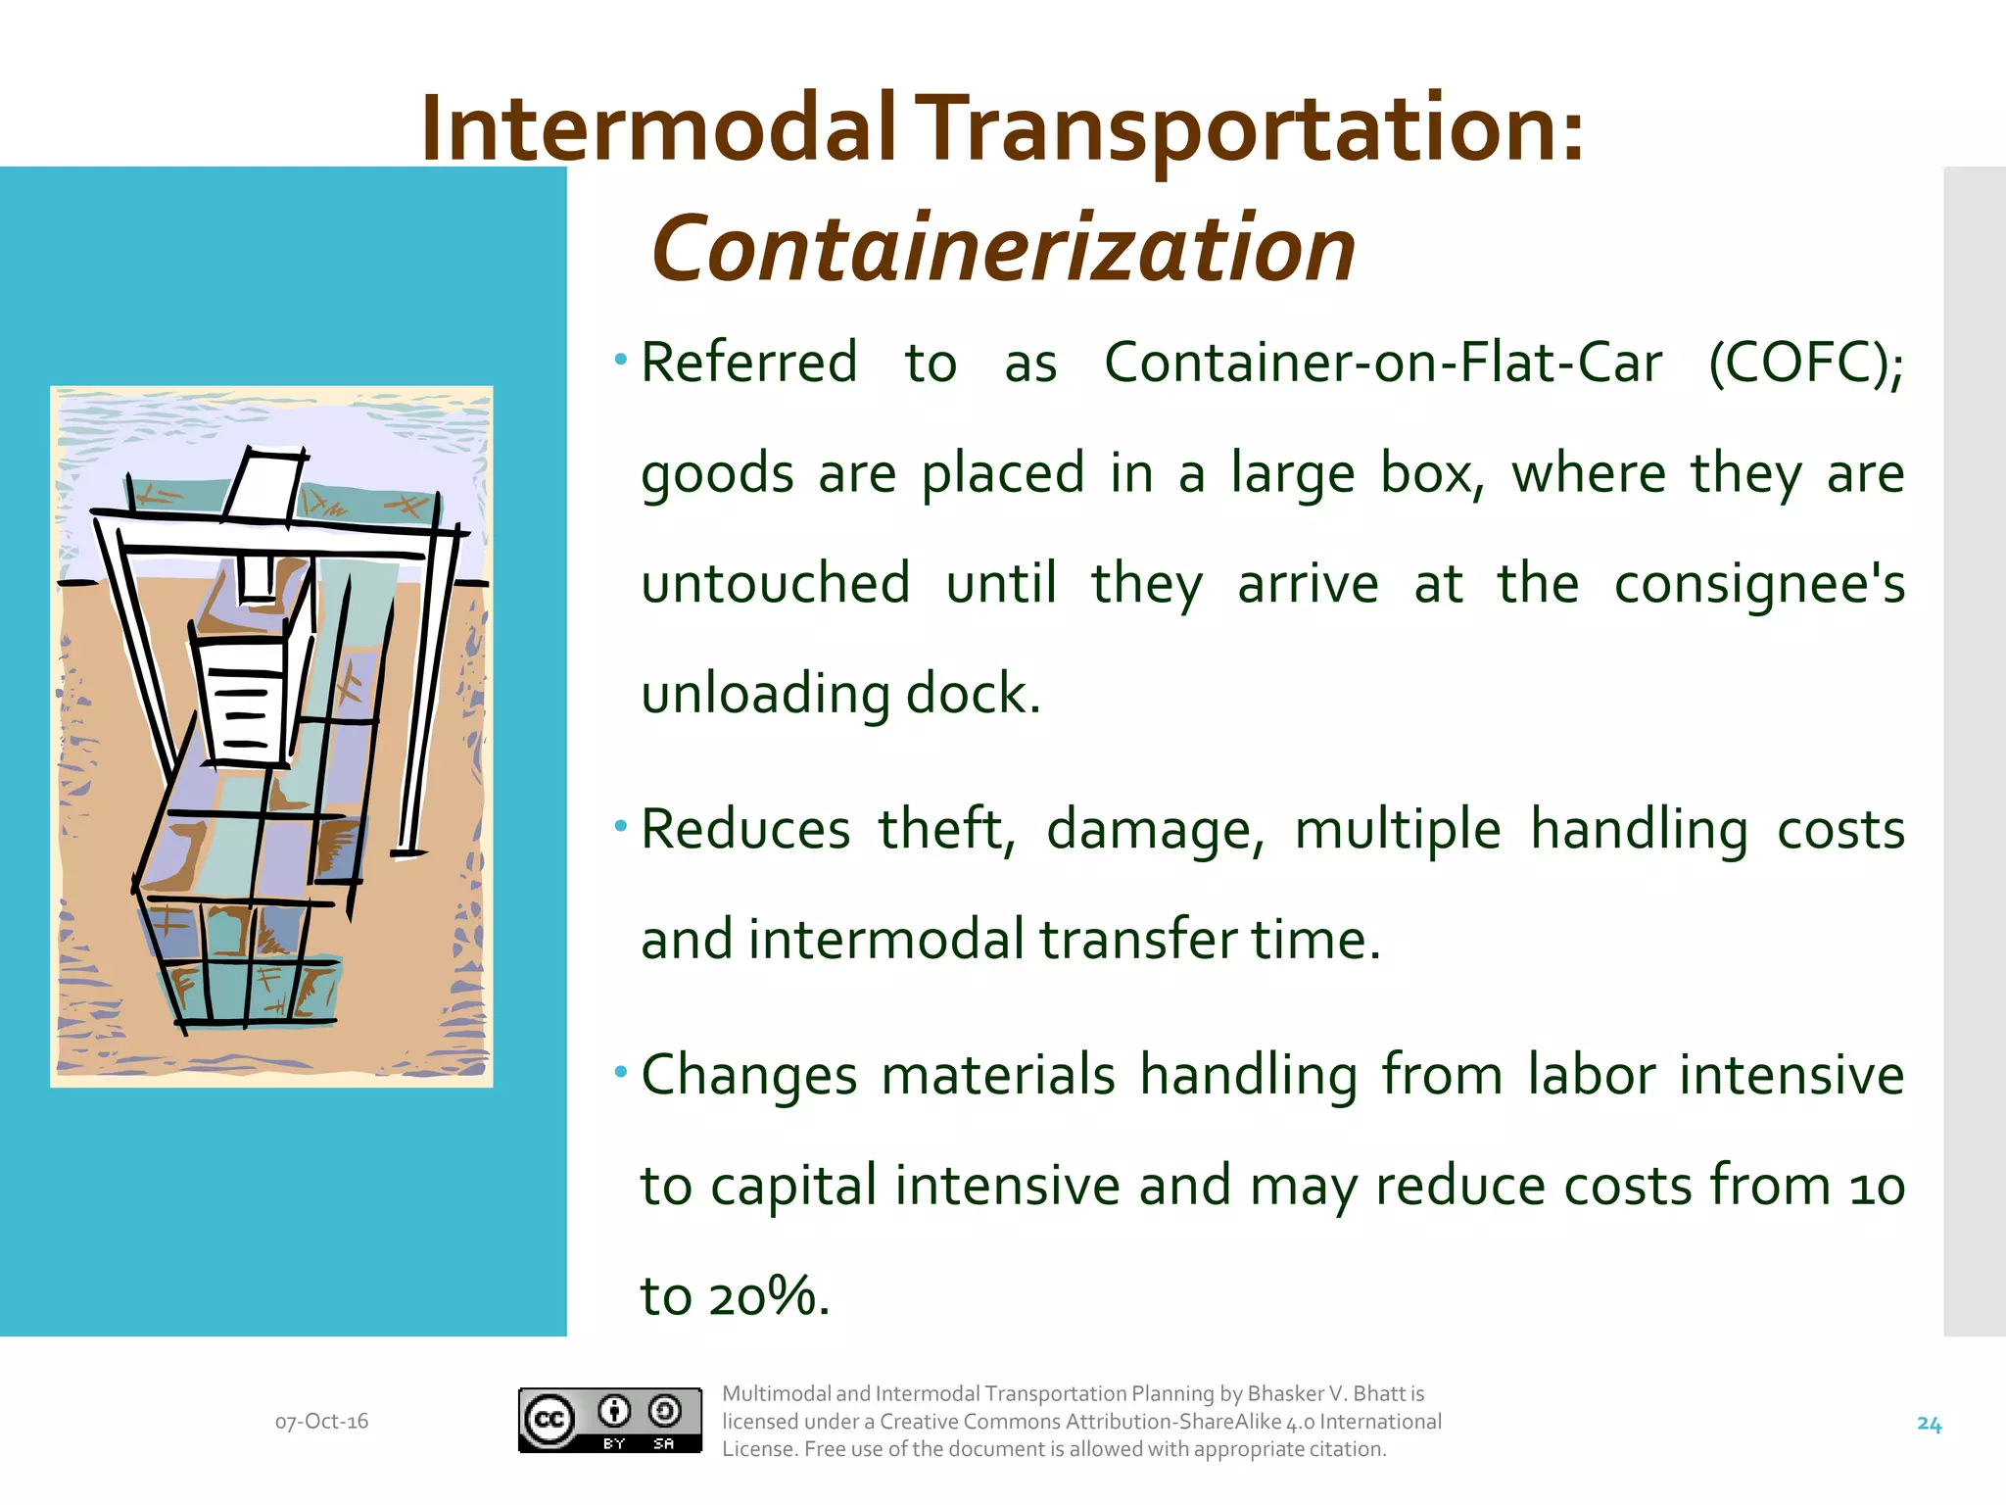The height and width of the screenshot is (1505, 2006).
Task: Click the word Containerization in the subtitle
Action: coord(1003,250)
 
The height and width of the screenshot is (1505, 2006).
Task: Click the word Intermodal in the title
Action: coord(658,129)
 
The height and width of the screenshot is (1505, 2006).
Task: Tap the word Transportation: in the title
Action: coord(1254,129)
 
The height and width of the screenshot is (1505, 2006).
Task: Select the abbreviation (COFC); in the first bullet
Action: coord(1805,364)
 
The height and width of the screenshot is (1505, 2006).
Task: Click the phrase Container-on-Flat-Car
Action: coord(1382,364)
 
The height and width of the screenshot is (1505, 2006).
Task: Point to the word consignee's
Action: coord(1758,584)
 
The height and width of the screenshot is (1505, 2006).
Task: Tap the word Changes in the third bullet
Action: coord(749,1075)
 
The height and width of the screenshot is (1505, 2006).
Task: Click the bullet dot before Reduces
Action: coord(620,827)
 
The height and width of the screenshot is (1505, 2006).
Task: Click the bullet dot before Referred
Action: coord(620,361)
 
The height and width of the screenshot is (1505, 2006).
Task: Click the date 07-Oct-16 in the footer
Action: coord(321,1422)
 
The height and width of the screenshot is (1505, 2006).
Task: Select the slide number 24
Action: coord(1928,1425)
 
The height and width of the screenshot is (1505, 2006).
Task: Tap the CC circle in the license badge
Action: coord(549,1420)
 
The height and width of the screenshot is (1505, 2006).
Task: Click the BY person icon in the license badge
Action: coord(614,1411)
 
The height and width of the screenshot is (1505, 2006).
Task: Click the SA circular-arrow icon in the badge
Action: coord(665,1411)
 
